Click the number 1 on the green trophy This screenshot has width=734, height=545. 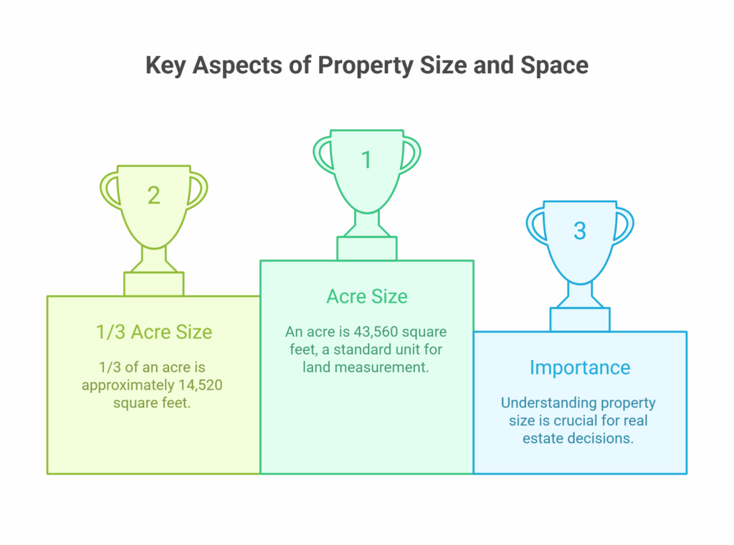[x=366, y=160]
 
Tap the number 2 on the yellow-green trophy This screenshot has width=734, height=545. [x=154, y=195]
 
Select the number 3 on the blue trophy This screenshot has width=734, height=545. [x=580, y=231]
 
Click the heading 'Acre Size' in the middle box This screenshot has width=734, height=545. [x=367, y=296]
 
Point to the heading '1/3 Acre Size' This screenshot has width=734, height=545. [x=154, y=332]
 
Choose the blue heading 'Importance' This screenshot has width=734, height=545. [x=580, y=368]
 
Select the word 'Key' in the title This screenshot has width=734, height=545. [x=166, y=65]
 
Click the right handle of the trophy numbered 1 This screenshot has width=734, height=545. [x=411, y=155]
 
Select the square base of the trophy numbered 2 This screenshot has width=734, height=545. [x=154, y=284]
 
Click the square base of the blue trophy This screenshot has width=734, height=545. [x=580, y=320]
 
